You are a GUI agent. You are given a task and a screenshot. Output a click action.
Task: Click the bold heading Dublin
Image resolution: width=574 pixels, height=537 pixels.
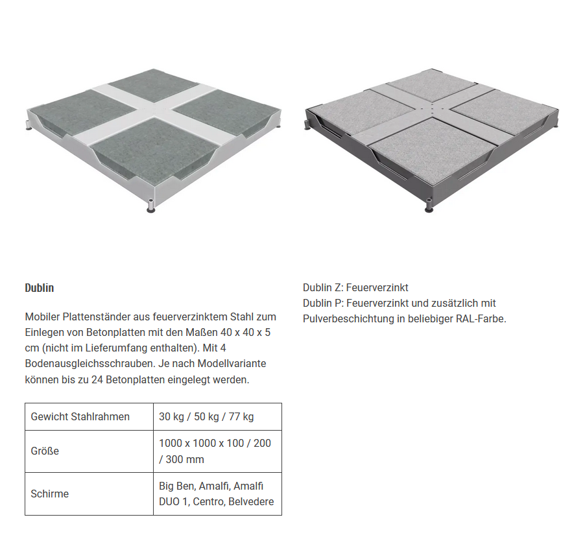39,288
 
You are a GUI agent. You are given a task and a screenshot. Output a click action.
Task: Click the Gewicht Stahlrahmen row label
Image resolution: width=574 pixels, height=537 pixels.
80,416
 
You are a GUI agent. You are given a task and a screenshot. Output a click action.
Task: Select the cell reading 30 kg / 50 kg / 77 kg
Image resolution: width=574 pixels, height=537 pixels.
206,416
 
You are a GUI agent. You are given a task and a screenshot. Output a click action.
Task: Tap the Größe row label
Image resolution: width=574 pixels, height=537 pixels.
45,451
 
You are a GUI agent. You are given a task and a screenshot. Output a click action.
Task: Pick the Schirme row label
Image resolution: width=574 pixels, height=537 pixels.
50,494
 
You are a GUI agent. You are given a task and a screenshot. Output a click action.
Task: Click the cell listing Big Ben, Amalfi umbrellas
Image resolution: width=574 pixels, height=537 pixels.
217,494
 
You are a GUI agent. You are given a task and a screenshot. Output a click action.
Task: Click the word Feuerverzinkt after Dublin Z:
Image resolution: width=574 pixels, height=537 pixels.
377,288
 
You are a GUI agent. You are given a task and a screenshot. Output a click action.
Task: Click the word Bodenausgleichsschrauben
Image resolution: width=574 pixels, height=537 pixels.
90,363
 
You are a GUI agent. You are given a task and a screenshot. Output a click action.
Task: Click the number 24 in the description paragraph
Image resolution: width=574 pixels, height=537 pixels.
97,379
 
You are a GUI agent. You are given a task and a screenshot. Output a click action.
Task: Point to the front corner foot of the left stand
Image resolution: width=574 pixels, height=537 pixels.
150,206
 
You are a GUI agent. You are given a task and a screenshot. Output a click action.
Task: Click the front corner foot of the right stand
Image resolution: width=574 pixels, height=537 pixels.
429,206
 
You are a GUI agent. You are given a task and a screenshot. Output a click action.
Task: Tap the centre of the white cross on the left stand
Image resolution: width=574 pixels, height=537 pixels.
154,109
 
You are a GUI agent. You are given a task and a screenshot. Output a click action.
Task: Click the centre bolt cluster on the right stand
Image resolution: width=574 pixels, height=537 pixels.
433,108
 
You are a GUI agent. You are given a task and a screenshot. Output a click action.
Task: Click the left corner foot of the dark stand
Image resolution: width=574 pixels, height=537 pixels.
306,125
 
